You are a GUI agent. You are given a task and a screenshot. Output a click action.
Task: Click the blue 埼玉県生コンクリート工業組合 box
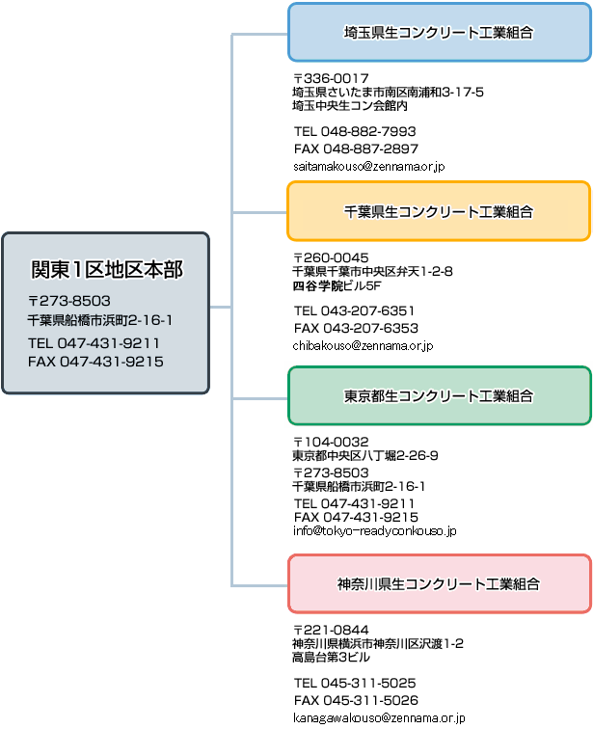439,32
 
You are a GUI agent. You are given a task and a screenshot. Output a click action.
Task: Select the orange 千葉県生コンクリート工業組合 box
439,211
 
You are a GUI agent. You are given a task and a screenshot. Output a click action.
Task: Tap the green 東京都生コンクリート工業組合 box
439,395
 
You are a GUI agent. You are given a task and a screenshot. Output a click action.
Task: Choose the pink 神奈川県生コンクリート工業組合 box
439,583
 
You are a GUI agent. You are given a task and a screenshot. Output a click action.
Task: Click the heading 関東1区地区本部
107,270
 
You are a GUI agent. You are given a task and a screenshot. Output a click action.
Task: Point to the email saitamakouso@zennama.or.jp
369,167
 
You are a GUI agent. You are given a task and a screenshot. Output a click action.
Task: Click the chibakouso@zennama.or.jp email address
363,346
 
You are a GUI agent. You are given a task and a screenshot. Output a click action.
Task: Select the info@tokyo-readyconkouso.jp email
374,530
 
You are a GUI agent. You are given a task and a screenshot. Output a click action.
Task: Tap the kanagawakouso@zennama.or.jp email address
379,717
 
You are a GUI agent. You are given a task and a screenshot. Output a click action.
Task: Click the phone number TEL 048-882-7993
355,131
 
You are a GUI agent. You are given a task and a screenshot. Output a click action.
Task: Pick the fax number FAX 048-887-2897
356,148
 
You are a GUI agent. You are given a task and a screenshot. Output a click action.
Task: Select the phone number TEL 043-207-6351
354,310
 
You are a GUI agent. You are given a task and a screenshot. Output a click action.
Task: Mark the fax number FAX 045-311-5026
356,700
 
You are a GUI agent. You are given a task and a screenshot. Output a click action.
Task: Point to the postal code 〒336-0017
331,78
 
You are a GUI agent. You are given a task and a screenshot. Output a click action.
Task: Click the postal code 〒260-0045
331,257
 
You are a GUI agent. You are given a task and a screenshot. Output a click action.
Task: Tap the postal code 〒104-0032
331,442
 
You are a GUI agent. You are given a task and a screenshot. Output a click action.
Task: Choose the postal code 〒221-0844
331,630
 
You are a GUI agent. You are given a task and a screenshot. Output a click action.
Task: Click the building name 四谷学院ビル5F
337,285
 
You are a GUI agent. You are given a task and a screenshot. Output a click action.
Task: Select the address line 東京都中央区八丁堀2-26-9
364,455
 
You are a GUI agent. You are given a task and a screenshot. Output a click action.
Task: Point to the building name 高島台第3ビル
331,658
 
